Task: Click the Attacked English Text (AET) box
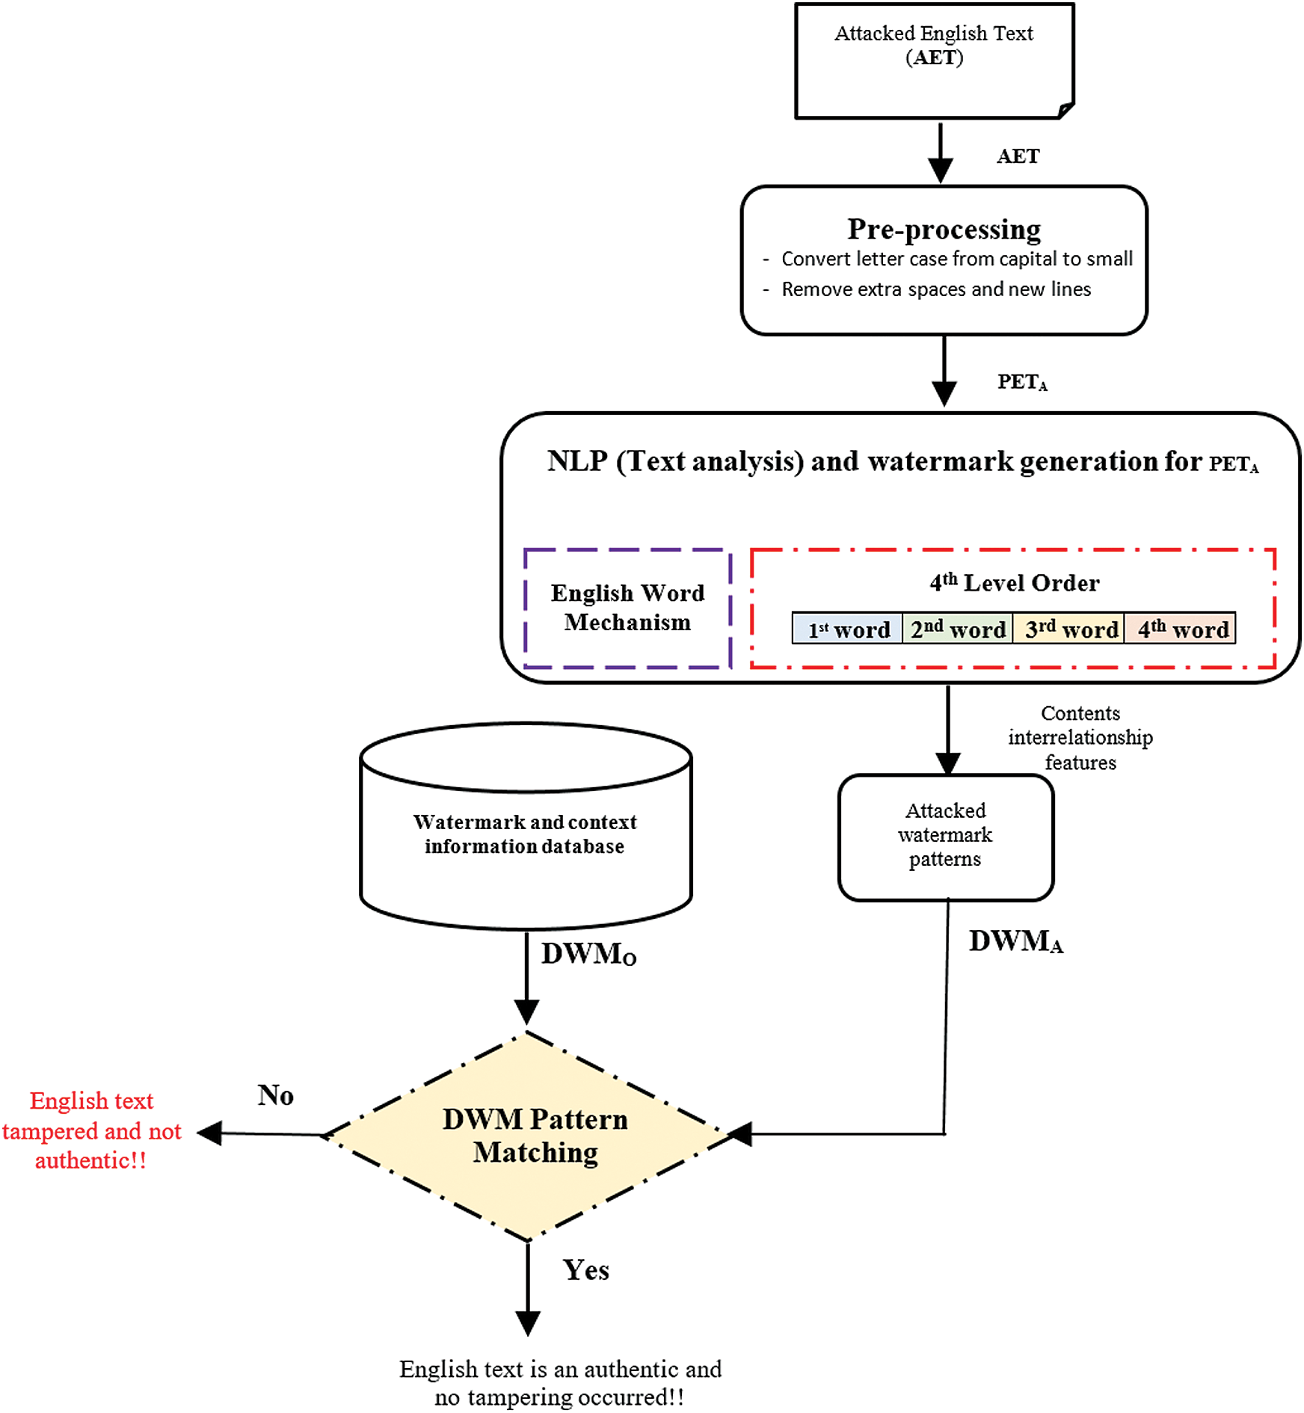click(934, 60)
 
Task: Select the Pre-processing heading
click(944, 229)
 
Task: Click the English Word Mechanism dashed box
click(627, 608)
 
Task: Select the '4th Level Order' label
click(1014, 582)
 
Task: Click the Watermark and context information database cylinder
click(525, 834)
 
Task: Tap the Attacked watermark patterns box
click(945, 835)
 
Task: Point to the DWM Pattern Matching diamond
click(534, 1136)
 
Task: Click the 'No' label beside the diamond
click(275, 1095)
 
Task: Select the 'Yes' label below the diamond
click(585, 1270)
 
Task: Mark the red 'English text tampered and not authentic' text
click(92, 1130)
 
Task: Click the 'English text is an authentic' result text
click(560, 1382)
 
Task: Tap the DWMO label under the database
click(588, 954)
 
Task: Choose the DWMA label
click(1015, 941)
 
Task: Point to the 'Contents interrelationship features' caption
click(1080, 738)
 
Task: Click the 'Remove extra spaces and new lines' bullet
click(935, 289)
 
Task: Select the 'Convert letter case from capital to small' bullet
click(956, 259)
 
